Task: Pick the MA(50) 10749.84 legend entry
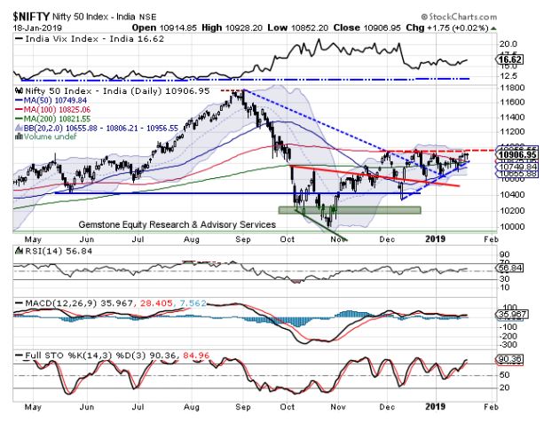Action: pos(55,101)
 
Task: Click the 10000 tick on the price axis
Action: pos(509,227)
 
